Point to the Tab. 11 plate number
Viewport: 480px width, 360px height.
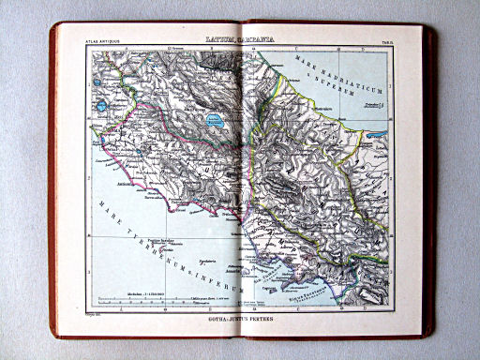coord(385,40)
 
